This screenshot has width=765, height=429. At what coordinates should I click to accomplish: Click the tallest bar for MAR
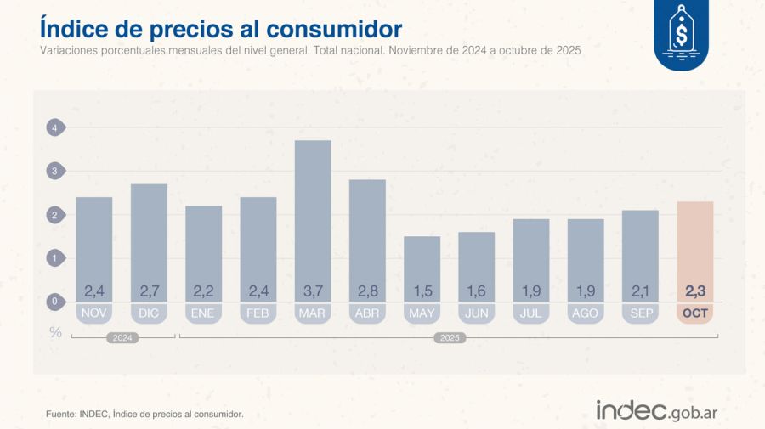coord(313,212)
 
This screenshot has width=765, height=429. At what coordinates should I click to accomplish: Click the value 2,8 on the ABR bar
coord(367,291)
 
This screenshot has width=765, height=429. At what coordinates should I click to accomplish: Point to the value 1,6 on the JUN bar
coord(477,291)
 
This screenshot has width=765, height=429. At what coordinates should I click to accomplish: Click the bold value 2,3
coord(695,291)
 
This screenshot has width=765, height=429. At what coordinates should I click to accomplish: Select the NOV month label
coord(94,313)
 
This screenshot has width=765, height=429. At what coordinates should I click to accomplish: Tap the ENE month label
coord(203,313)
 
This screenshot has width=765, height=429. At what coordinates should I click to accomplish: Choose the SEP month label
coord(640,313)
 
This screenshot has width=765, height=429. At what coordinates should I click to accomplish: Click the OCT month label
coord(695,313)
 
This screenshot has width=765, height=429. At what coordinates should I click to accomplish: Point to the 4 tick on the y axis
coord(54,128)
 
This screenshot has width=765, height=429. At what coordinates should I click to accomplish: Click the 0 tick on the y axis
coord(54,302)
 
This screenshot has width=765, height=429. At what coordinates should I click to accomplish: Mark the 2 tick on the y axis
coord(54,215)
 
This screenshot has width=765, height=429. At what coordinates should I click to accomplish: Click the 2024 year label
coord(124,338)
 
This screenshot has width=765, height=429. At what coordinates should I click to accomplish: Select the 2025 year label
coord(449,338)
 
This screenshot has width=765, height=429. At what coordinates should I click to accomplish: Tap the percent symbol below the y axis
coord(55,332)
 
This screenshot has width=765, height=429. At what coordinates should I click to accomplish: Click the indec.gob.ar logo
coord(656,411)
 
